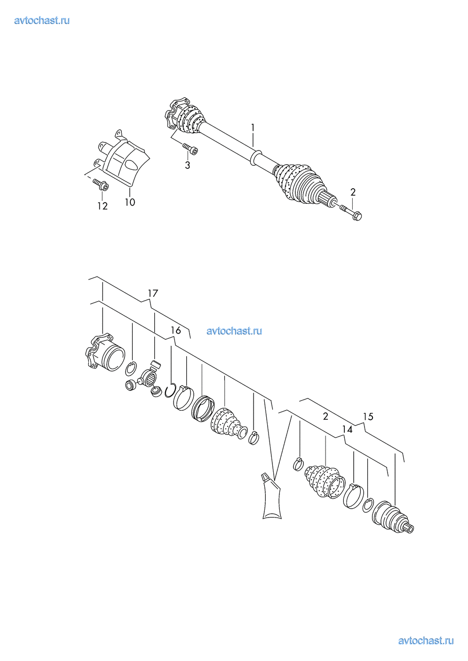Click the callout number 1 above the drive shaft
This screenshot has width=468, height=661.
253,127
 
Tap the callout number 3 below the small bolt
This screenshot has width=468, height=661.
187,165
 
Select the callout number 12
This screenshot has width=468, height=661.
103,206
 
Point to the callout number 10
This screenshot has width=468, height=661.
130,202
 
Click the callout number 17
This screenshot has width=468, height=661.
153,293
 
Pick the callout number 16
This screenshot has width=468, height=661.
176,330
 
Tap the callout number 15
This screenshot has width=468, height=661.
368,417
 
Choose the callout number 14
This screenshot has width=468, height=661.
347,430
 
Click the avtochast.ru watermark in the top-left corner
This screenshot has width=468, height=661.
42,21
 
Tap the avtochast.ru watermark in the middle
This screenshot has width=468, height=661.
234,331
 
